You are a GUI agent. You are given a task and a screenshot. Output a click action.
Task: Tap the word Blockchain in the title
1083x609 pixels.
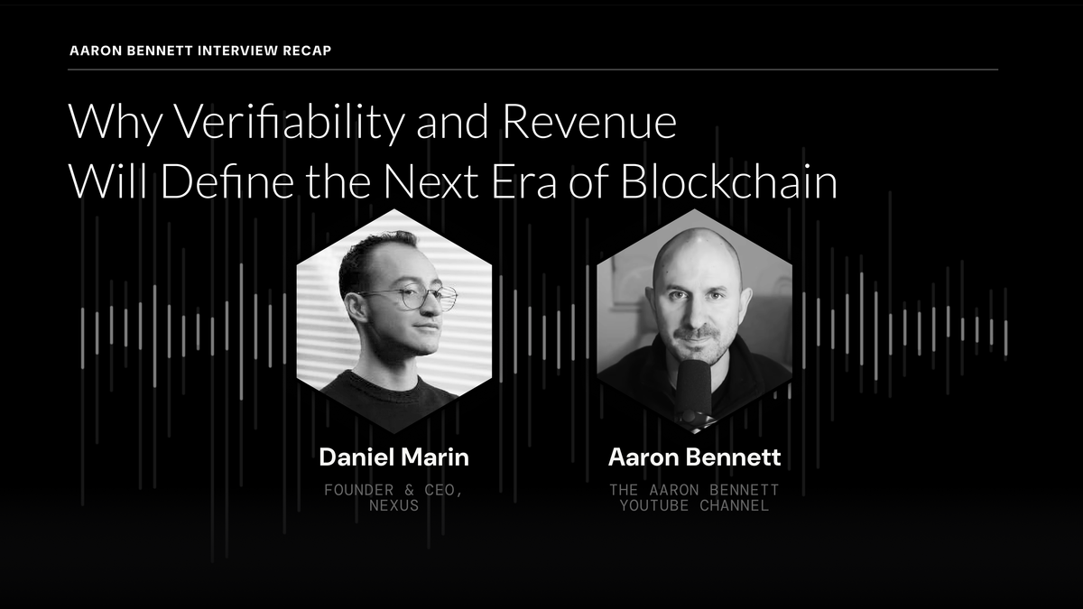[x=730, y=181]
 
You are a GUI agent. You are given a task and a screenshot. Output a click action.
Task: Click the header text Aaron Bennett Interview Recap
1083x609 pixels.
[x=199, y=50]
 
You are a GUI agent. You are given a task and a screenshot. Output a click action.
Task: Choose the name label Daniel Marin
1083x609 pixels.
[x=393, y=457]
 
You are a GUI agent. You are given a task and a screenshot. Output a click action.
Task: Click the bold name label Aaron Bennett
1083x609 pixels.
[x=694, y=457]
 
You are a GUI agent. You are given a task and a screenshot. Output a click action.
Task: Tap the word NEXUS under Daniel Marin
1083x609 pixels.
[x=393, y=506]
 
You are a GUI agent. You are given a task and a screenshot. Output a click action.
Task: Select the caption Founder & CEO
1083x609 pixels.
[x=393, y=490]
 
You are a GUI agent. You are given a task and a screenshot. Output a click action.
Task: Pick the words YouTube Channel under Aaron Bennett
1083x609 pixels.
[x=694, y=506]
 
